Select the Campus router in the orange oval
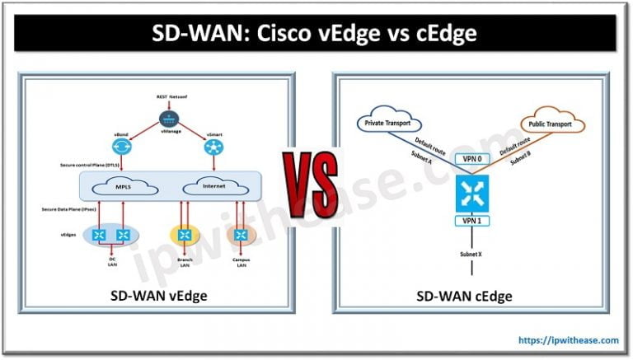click(241, 236)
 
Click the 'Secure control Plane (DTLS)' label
click(89, 166)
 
